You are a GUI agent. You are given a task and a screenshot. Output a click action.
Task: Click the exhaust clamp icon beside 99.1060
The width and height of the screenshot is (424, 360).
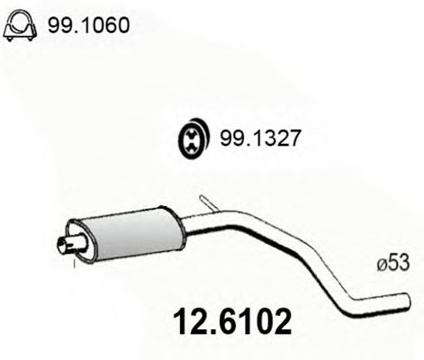pos(19,29)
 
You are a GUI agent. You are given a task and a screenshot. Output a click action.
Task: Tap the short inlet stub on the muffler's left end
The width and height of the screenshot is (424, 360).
pos(64,243)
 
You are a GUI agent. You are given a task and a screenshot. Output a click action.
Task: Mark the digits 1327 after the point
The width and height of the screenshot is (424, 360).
pos(275,139)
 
